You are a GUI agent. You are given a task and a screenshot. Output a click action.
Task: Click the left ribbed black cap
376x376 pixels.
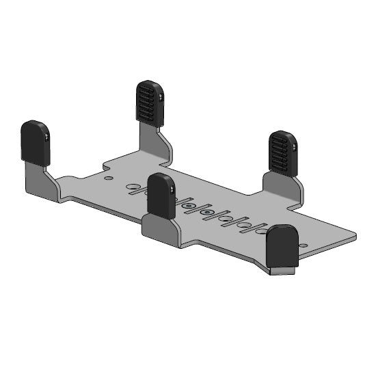[x=150, y=103]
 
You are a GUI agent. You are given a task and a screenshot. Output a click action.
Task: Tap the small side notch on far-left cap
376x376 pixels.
[x=46, y=137]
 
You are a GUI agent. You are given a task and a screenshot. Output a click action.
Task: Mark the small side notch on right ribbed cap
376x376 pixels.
[x=294, y=146]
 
